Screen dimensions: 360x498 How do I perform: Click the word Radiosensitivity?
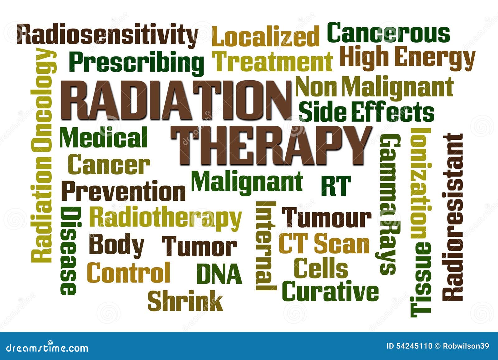click(107, 35)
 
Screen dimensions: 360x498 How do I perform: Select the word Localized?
click(265, 37)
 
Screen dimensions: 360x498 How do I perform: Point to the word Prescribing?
click(136, 62)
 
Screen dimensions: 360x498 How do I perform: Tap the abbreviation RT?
click(336, 186)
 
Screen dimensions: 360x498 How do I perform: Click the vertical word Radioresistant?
click(453, 217)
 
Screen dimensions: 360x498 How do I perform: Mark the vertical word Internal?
click(265, 246)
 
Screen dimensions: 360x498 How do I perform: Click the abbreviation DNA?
click(219, 274)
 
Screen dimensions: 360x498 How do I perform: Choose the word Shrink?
click(185, 301)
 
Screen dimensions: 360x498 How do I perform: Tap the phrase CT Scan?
click(324, 244)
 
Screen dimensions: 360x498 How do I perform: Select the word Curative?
click(330, 291)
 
